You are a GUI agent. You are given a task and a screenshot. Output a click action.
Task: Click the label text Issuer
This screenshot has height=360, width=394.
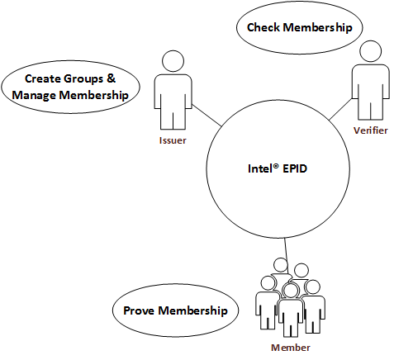pos(173,140)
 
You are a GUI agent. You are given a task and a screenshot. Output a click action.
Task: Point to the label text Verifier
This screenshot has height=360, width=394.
pos(370,132)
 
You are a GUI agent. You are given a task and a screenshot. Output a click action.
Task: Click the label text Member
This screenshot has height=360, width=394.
pos(288,348)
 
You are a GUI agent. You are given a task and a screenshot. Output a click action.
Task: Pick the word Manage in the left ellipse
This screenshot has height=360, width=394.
pos(35,95)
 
